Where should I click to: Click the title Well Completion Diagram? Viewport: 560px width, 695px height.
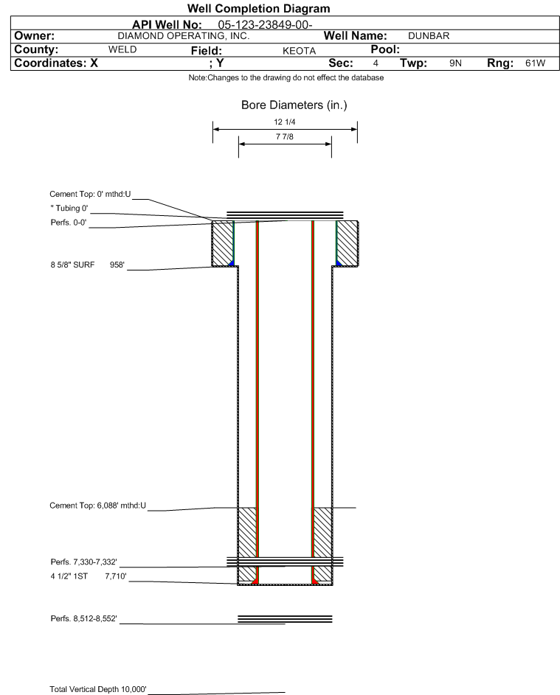tap(258, 9)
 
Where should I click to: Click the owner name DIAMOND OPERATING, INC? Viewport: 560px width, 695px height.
tap(184, 35)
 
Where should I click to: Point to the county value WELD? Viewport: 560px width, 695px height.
tap(122, 49)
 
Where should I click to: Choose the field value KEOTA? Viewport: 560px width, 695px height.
tap(299, 50)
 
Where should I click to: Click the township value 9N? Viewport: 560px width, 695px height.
tap(455, 63)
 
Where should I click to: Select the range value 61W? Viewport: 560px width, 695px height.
tap(535, 63)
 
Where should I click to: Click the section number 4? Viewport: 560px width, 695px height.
tap(376, 63)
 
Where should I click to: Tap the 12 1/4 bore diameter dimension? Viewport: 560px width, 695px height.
tap(285, 122)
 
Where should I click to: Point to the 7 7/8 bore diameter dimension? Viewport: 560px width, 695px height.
tap(285, 138)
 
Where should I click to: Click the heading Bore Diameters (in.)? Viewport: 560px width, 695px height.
tap(294, 105)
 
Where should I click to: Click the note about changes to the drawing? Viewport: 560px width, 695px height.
tap(286, 79)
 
